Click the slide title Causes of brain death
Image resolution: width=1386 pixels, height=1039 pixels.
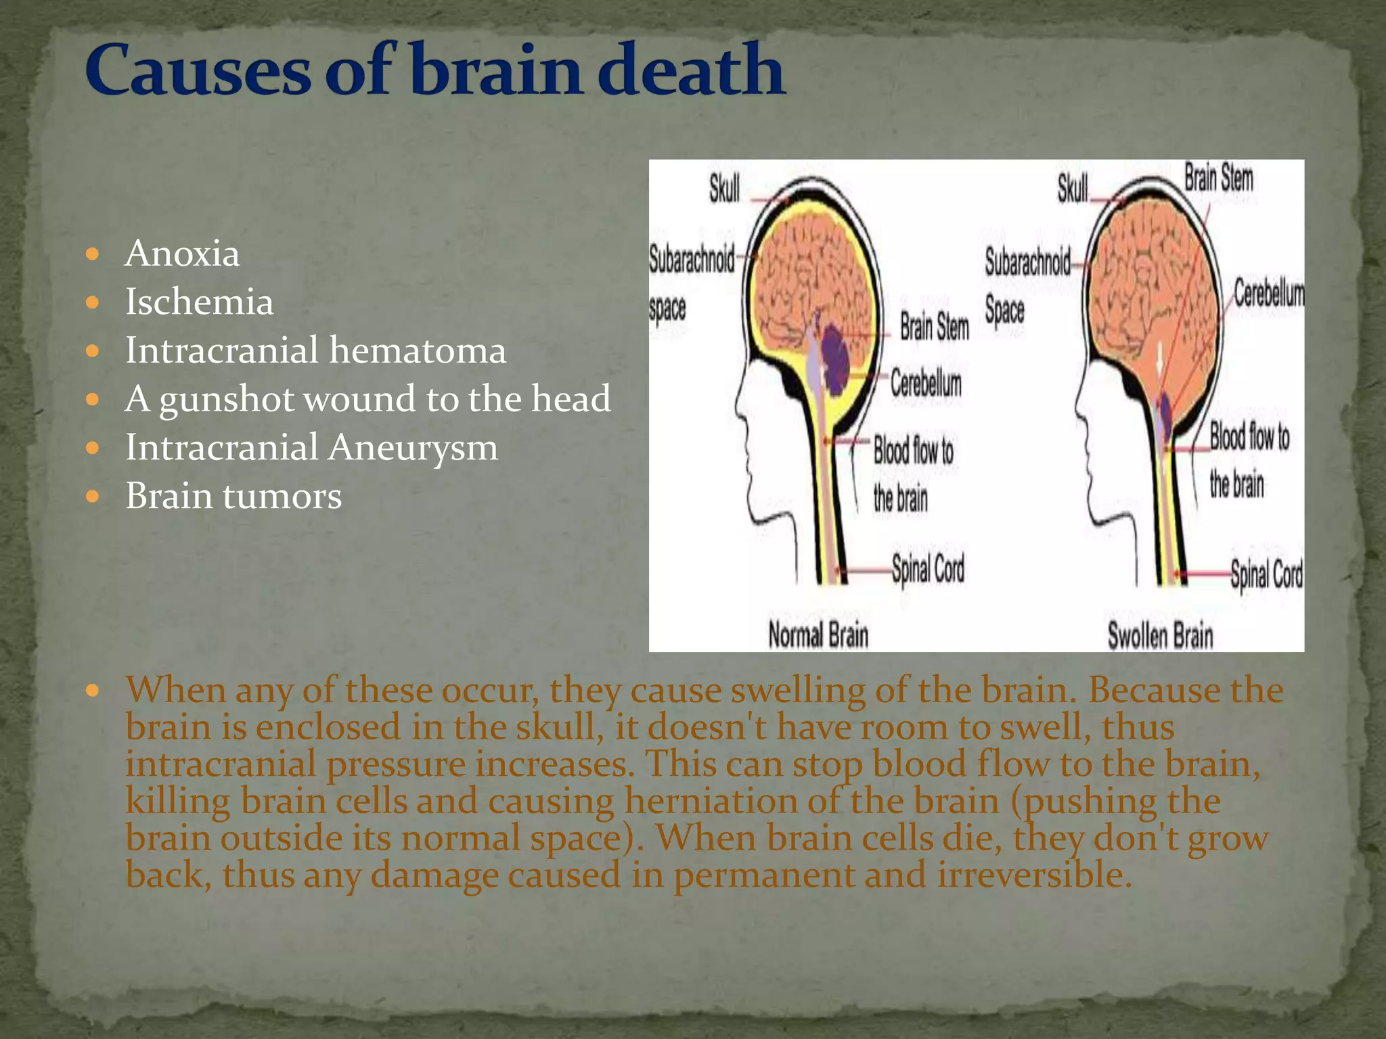[434, 69]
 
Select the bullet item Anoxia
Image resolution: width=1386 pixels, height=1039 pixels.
[182, 254]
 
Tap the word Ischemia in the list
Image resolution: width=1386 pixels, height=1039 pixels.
[200, 302]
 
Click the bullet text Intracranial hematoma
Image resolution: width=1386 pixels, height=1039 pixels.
[315, 350]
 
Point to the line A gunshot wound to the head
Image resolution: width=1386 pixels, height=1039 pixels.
[367, 398]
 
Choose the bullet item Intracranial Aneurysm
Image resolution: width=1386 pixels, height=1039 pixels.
[311, 447]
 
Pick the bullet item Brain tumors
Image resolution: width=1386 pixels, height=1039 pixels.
[233, 496]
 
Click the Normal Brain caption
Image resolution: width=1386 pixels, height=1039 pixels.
[818, 635]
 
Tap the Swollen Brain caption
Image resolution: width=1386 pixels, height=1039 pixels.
[1160, 636]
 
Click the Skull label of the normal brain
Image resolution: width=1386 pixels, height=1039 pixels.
[724, 189]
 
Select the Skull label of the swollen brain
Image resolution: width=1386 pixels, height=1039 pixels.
[1073, 189]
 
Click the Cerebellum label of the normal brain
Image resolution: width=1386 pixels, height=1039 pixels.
[925, 384]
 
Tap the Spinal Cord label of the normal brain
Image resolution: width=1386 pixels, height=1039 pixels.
[928, 569]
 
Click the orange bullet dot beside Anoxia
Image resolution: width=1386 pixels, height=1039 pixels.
[93, 254]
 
